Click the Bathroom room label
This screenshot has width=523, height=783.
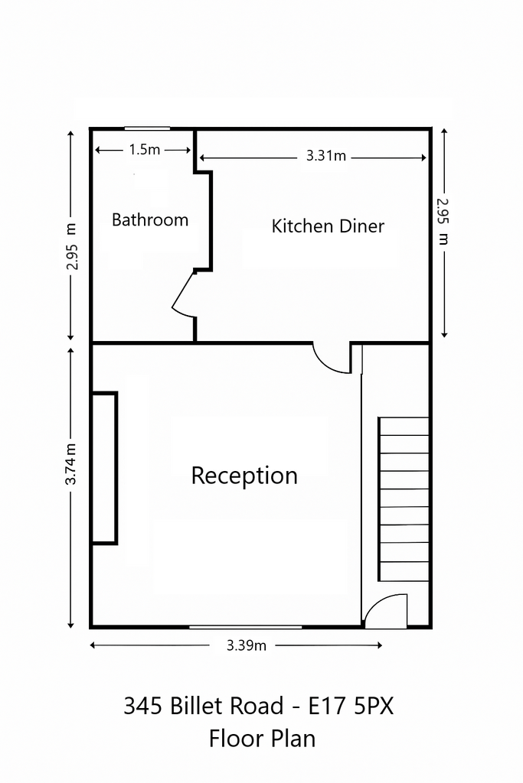point(150,219)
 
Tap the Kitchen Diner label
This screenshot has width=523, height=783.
point(328,226)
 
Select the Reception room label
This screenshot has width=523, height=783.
point(244,476)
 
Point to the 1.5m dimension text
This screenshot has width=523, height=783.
point(144,149)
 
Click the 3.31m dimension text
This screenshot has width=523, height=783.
point(326,156)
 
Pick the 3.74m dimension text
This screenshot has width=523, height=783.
point(71,464)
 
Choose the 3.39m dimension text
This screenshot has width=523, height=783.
point(247,645)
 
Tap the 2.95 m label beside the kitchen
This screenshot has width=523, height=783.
point(443,222)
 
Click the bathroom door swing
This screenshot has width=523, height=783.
point(183,294)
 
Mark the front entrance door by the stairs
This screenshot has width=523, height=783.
point(385,611)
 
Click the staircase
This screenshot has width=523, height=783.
point(404,499)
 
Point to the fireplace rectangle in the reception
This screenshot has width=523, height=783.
point(104,468)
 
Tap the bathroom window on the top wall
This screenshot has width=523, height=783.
point(147,128)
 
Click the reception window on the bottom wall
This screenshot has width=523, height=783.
point(246,626)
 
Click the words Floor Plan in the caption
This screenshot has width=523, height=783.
point(262,739)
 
